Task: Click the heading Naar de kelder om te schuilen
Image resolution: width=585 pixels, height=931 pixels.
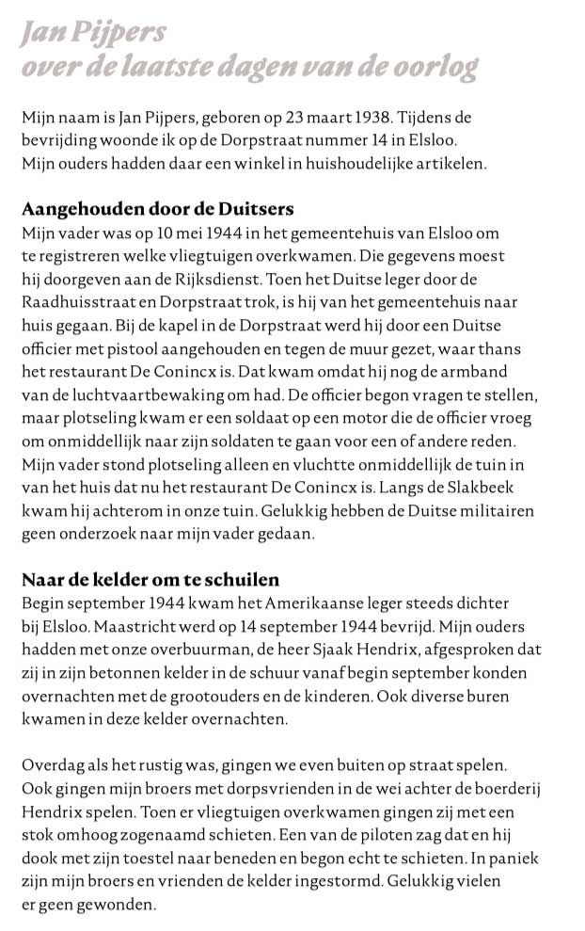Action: point(150,578)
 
